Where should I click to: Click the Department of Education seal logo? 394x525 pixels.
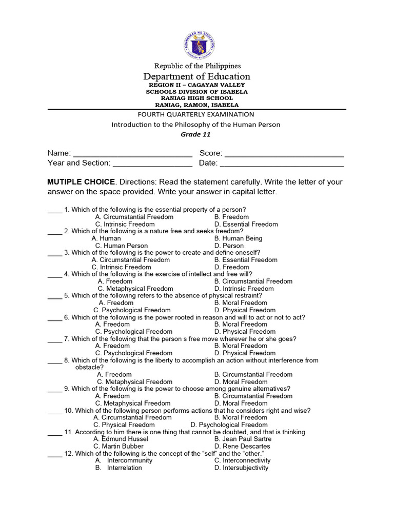click(199, 45)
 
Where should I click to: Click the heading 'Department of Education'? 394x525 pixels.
click(196, 76)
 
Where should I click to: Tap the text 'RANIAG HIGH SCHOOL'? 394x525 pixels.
click(196, 98)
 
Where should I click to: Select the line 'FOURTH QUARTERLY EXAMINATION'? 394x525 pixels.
click(196, 114)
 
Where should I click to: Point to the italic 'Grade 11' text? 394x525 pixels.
click(195, 135)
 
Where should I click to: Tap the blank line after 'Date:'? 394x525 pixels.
click(282, 163)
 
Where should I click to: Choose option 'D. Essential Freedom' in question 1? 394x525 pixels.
click(246, 224)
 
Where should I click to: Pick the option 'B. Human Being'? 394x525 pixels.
click(238, 238)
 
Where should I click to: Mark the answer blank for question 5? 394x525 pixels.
click(54, 296)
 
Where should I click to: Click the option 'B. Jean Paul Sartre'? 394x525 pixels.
click(243, 439)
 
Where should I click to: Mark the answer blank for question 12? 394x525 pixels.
click(54, 454)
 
